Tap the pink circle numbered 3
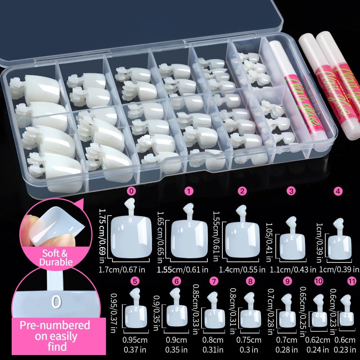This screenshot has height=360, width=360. pos(292,191)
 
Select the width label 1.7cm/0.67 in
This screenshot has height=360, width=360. pos(128,269)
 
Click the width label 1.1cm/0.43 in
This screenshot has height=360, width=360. pos(292,269)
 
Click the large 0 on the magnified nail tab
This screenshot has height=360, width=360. pos(56,301)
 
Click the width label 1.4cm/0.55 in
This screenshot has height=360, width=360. pos(242,269)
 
